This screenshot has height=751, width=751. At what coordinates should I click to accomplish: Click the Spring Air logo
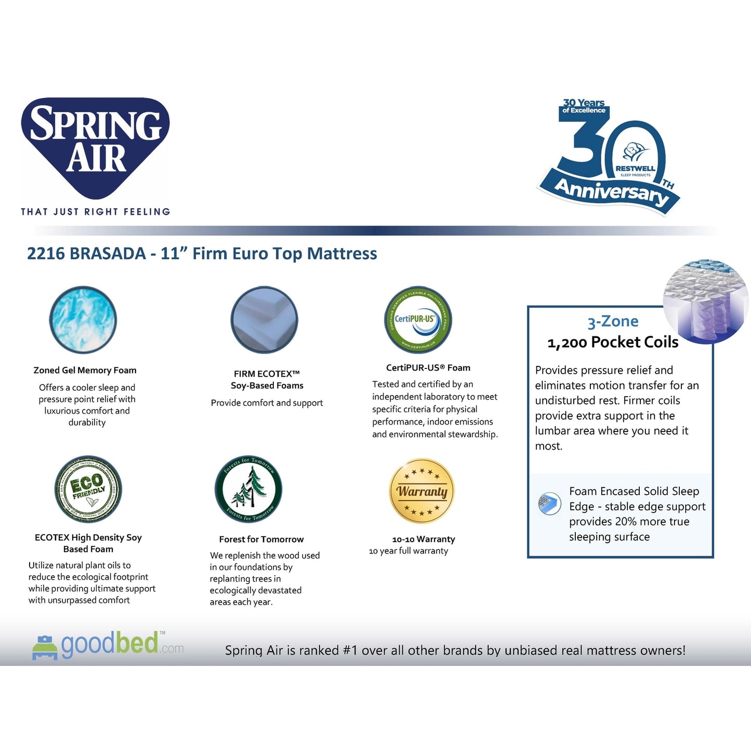(x=96, y=143)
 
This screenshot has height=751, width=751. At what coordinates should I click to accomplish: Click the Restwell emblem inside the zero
(x=635, y=159)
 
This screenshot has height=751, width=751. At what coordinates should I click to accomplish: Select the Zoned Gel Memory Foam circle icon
(x=83, y=320)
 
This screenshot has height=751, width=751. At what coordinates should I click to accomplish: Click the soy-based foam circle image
(x=264, y=320)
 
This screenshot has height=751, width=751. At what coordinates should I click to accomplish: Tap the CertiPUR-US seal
(x=418, y=320)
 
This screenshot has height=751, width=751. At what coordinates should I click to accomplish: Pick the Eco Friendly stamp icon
(x=88, y=489)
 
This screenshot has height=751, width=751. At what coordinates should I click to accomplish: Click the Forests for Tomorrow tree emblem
(x=248, y=489)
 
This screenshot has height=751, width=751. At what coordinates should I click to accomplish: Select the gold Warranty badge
(x=422, y=491)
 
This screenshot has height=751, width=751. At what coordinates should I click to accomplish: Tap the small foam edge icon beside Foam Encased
(x=550, y=504)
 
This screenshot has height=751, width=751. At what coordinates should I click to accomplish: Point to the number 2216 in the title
(x=46, y=254)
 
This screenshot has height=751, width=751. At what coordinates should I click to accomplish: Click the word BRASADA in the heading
(x=108, y=254)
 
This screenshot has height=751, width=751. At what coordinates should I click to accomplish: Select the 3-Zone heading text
(x=613, y=322)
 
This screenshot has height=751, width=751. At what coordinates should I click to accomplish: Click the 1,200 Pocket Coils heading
(x=613, y=342)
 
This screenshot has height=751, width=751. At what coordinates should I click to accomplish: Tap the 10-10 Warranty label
(x=423, y=539)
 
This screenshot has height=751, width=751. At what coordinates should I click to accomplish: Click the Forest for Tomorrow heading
(x=261, y=539)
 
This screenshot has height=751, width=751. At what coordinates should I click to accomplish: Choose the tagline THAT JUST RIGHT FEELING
(x=96, y=212)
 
